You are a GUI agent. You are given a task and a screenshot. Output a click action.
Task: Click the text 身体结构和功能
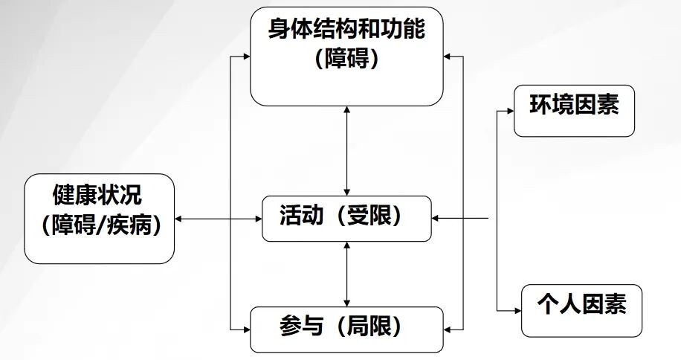[347, 30]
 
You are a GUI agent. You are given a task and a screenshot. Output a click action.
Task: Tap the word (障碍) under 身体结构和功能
[347, 60]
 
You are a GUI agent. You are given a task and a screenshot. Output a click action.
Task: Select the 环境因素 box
[574, 110]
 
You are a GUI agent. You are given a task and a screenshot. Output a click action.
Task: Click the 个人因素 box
[581, 310]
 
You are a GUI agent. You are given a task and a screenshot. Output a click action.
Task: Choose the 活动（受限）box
[346, 218]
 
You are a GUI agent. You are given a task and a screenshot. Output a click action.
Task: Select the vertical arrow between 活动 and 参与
[347, 273]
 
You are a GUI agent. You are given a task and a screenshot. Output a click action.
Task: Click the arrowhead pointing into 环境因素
[509, 111]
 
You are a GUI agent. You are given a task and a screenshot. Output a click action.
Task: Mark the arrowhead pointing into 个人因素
[516, 311]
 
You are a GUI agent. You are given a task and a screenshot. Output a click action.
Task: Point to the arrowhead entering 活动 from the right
[436, 219]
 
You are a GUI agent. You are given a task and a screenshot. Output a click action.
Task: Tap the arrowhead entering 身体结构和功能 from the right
[449, 57]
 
